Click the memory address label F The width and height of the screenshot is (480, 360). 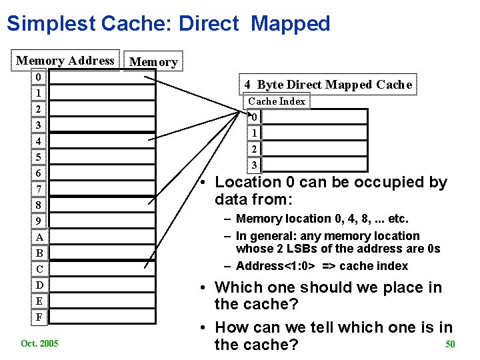click(x=39, y=317)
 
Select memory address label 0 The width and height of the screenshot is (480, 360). click(x=39, y=77)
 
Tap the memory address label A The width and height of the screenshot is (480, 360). click(x=39, y=237)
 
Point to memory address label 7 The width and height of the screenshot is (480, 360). click(x=39, y=189)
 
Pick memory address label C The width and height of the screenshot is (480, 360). click(x=39, y=269)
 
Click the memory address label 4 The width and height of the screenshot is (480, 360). click(x=39, y=141)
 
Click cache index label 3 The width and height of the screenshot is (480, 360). click(x=254, y=165)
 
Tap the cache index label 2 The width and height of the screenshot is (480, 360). click(x=254, y=149)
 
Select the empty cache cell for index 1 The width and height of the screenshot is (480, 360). click(x=315, y=133)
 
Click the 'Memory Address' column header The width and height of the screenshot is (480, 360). click(x=65, y=61)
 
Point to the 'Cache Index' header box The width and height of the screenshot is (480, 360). click(x=277, y=101)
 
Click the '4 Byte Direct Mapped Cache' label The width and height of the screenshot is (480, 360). click(x=328, y=85)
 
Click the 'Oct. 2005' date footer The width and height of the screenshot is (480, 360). click(x=39, y=343)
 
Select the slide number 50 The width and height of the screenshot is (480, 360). click(x=450, y=344)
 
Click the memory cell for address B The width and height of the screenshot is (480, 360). click(x=97, y=253)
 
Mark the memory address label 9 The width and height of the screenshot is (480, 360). click(x=39, y=221)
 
